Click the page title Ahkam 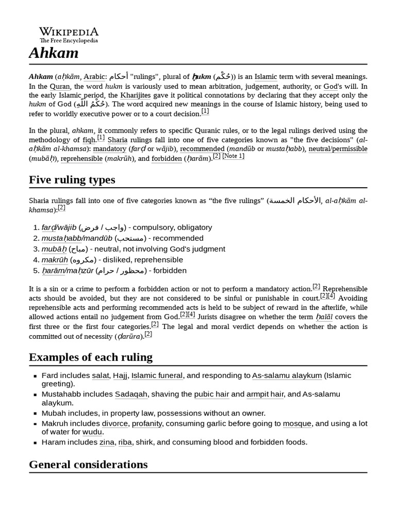(54, 53)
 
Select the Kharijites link (136, 95)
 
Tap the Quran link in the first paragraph (60, 86)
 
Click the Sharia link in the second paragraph (118, 140)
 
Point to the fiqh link (89, 140)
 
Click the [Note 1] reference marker (233, 156)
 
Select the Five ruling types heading (72, 179)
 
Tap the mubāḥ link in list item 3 (54, 249)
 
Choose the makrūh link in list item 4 (55, 260)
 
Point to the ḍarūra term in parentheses (128, 336)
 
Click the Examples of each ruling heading (91, 357)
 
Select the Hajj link (120, 376)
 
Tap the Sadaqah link (131, 394)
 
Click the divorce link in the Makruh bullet (114, 424)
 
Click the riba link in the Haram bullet (125, 442)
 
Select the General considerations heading (88, 464)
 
